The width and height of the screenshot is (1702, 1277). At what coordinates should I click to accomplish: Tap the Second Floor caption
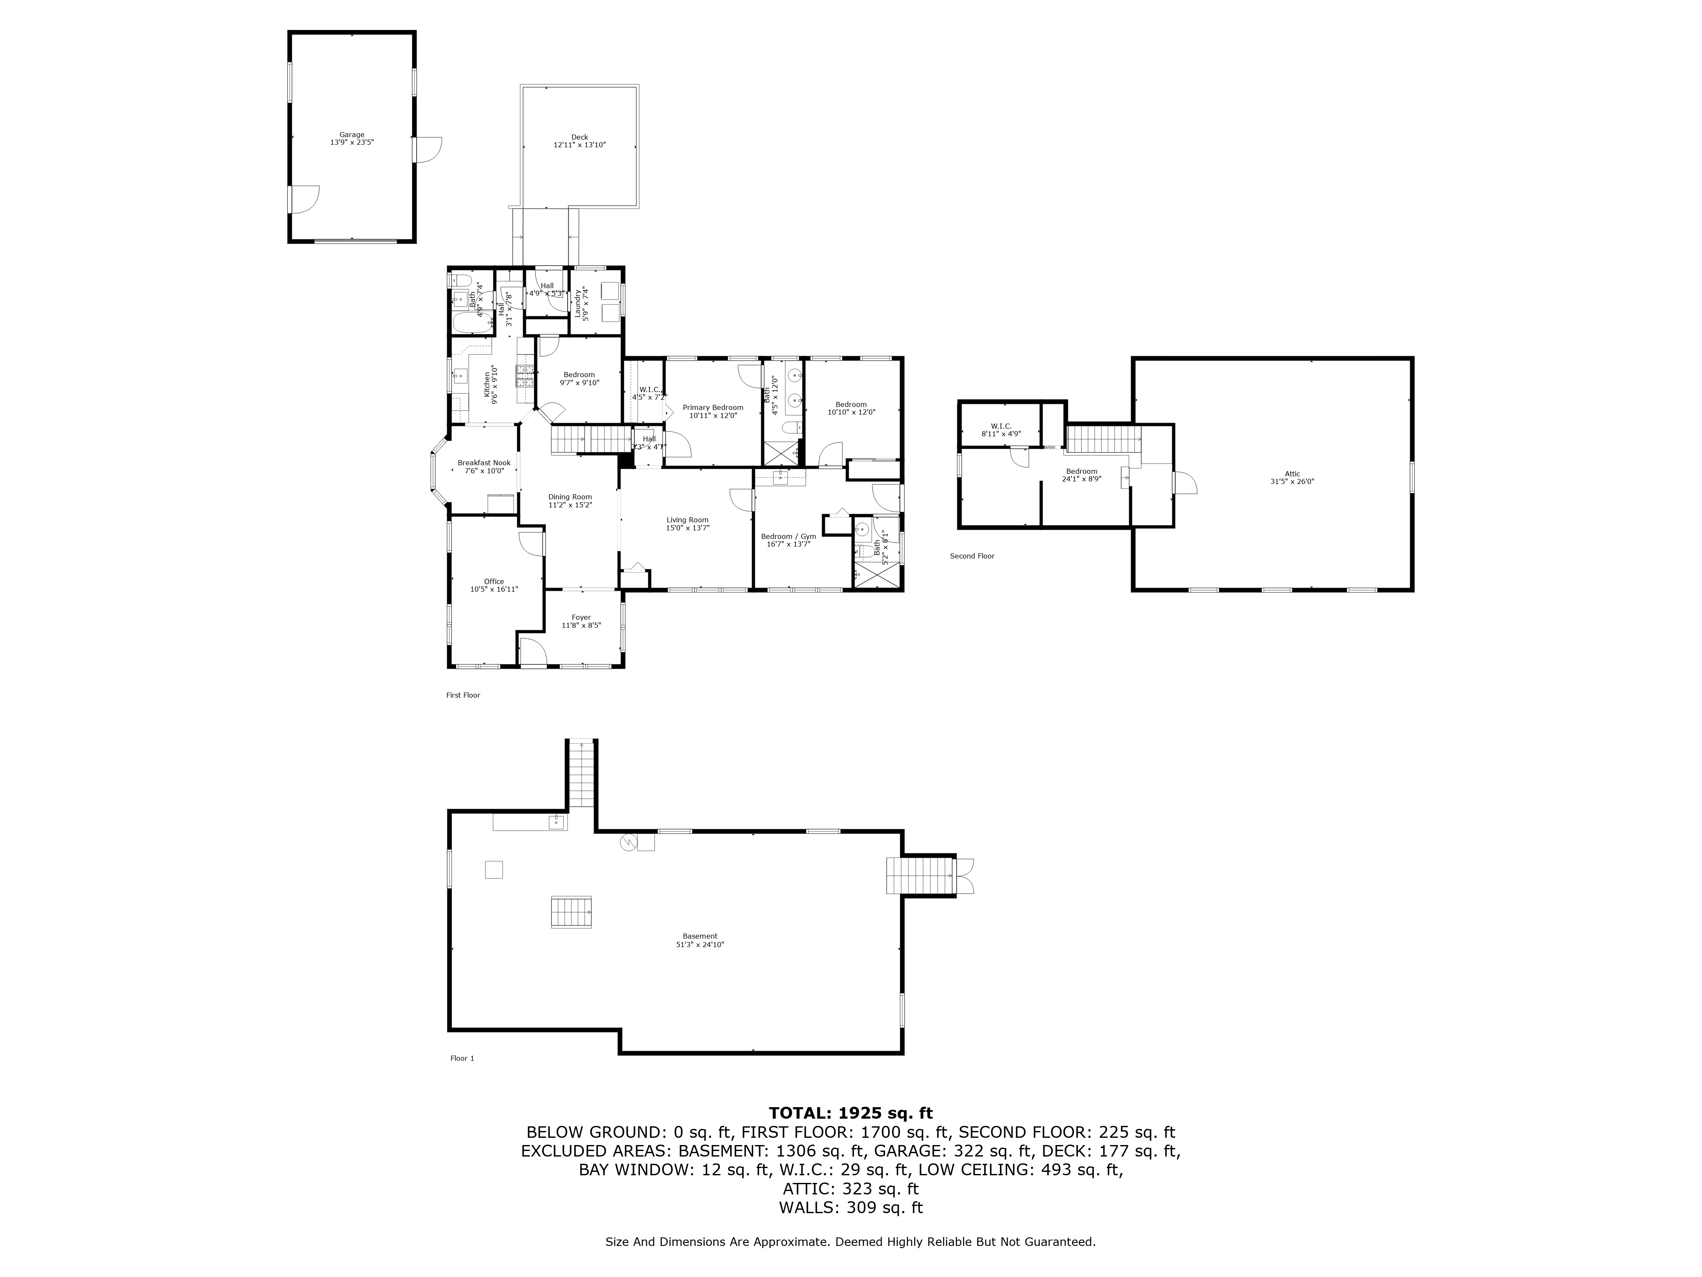pyautogui.click(x=972, y=556)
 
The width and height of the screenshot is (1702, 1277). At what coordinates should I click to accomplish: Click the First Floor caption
pyautogui.click(x=463, y=695)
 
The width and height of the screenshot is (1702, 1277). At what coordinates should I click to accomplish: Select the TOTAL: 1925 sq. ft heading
pyautogui.click(x=850, y=1113)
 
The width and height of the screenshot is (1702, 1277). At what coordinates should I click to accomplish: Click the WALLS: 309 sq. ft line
pyautogui.click(x=850, y=1208)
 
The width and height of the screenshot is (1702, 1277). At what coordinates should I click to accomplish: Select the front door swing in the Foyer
pyautogui.click(x=532, y=651)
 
